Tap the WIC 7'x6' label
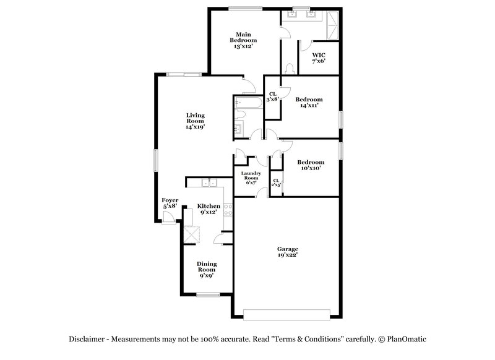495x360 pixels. coord(319,58)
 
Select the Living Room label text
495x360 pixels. coord(196,121)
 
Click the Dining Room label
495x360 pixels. coord(207,270)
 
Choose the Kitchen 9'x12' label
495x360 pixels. coord(209,209)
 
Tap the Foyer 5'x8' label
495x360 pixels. coord(170,203)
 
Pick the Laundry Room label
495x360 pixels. coord(249,178)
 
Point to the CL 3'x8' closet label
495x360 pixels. coord(272,96)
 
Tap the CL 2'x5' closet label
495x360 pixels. coord(276,182)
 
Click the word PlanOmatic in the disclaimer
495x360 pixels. coord(405,339)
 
